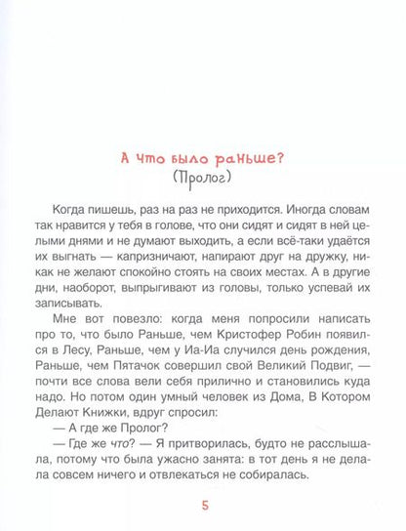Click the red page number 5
click(x=202, y=504)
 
